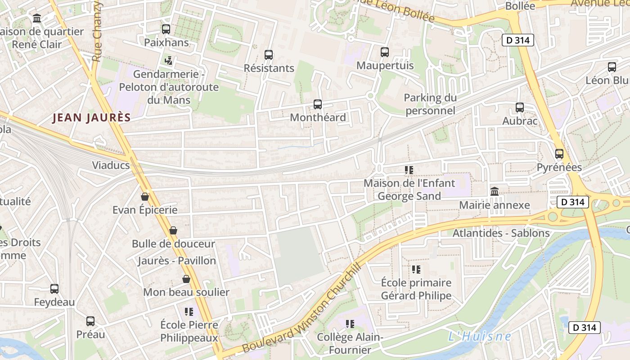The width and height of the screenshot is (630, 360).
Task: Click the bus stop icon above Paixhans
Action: pos(166,29)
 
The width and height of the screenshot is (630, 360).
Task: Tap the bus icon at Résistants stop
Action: pos(269,55)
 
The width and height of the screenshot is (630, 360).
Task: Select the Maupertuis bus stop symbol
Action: pos(385,52)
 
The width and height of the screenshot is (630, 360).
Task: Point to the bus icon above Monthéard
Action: pos(318,104)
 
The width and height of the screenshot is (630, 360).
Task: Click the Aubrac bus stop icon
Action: pos(520,108)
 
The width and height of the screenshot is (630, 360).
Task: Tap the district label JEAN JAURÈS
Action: pos(92,118)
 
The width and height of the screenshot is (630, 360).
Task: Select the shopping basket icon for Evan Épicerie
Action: pos(145,197)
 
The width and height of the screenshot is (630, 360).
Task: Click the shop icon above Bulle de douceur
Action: pos(173,231)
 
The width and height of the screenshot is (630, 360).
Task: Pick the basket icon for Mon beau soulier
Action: pos(186,279)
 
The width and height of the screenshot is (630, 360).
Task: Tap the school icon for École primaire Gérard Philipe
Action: pos(416,270)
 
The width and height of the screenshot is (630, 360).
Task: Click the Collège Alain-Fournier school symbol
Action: pos(350,324)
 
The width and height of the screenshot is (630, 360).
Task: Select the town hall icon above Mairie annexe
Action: pos(495,192)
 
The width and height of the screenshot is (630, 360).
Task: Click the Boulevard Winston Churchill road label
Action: pos(302,309)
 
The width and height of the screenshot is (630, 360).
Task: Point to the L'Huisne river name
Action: pos(480,336)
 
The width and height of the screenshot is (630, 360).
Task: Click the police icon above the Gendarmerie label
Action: pos(169,60)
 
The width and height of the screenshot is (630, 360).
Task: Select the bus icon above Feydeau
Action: pos(54,289)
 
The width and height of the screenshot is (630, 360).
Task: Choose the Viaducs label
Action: pos(111,165)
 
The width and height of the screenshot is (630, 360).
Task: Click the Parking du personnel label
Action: pos(430,104)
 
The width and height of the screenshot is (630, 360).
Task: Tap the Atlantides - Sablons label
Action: pos(501,233)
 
